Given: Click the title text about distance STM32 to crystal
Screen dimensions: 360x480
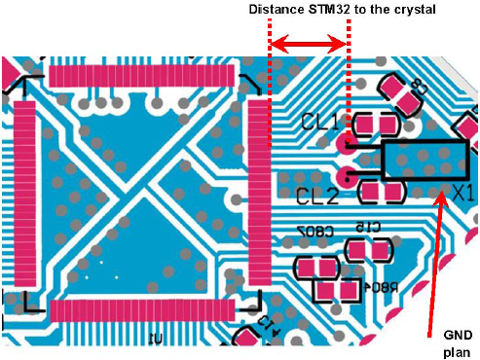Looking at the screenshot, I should [x=340, y=9].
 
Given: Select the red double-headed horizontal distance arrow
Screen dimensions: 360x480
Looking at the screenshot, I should [x=309, y=44].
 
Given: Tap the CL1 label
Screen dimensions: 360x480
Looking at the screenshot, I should [x=318, y=123].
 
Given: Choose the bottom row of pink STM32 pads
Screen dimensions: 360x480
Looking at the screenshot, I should [x=141, y=311].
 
